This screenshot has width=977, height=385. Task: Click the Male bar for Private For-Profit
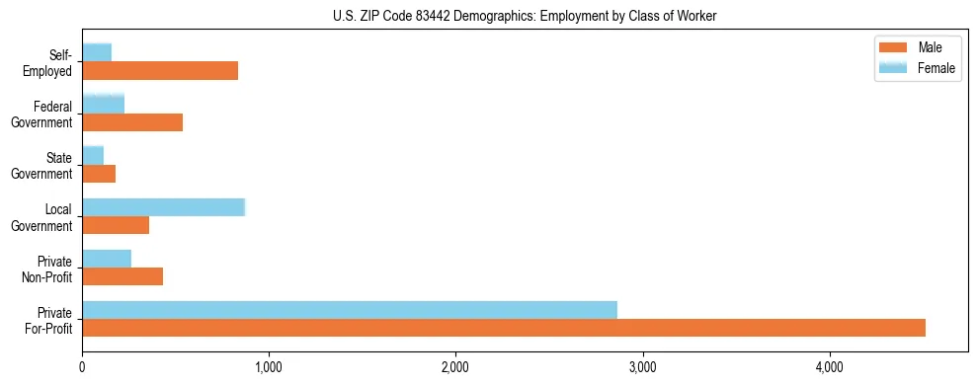pyautogui.click(x=504, y=328)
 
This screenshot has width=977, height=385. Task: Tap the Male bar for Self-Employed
pyautogui.click(x=160, y=71)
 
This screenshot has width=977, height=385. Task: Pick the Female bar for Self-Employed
pyautogui.click(x=97, y=52)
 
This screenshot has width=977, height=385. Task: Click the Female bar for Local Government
pyautogui.click(x=163, y=207)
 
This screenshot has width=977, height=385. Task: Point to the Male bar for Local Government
pyautogui.click(x=116, y=225)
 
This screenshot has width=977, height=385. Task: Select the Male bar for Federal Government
pyautogui.click(x=132, y=122)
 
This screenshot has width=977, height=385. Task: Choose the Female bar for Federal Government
pyautogui.click(x=104, y=104)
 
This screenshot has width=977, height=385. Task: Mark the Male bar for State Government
pyautogui.click(x=99, y=174)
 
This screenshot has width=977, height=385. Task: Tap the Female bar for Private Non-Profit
pyautogui.click(x=107, y=259)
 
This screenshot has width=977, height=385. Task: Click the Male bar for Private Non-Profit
pyautogui.click(x=122, y=276)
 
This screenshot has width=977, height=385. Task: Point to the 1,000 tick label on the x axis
pyautogui.click(x=269, y=368)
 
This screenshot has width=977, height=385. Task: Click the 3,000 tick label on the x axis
pyautogui.click(x=643, y=368)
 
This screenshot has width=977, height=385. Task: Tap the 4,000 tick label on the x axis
pyautogui.click(x=830, y=368)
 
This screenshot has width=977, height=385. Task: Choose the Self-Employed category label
pyautogui.click(x=50, y=62)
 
